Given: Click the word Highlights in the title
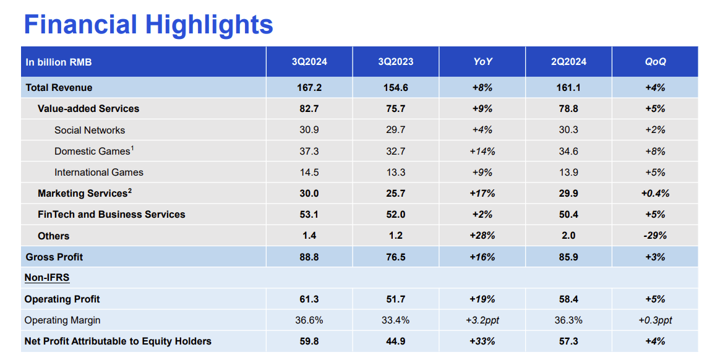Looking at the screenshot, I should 209,25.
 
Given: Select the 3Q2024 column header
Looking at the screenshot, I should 309,62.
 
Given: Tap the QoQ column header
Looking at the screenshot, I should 655,62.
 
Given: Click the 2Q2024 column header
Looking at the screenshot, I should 568,62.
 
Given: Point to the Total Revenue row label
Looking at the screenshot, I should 59,88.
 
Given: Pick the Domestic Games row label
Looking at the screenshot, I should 93,152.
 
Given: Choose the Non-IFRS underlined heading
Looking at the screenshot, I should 47,278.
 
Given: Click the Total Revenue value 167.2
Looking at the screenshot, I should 309,88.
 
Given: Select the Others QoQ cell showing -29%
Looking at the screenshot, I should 655,236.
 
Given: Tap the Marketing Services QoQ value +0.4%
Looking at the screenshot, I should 655,194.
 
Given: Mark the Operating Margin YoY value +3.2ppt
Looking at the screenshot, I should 482,320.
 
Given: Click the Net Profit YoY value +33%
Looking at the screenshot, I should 482,341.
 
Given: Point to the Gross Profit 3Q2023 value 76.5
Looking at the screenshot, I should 395,257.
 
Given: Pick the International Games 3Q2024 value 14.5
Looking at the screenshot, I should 309,173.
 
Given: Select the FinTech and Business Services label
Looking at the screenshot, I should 111,215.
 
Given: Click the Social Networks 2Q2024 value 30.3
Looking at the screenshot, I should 568,131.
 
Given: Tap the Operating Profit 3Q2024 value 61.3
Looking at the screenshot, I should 309,299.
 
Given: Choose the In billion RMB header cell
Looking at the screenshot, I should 59,62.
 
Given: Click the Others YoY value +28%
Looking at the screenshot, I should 482,236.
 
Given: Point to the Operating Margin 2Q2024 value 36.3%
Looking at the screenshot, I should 568,320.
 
